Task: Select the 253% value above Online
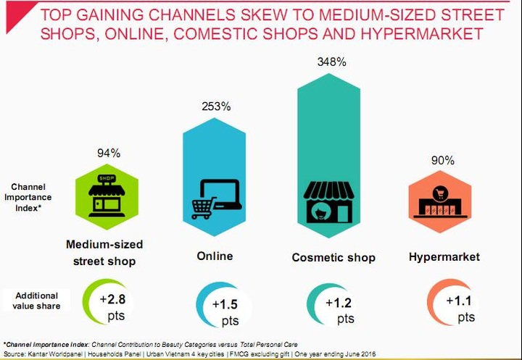[215, 106]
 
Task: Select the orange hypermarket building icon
[441, 202]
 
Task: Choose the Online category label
[215, 256]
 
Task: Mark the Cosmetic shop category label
[333, 257]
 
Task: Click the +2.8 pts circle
[108, 305]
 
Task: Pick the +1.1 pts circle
[453, 306]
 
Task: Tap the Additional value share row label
[36, 301]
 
